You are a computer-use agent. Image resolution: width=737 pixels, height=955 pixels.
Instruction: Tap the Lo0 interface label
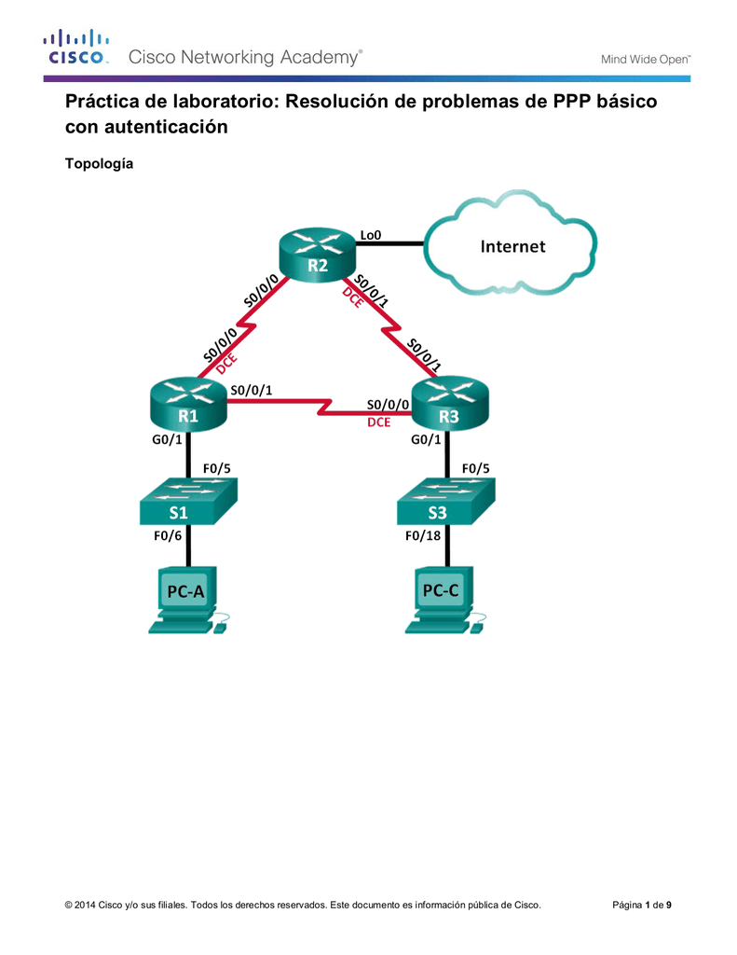pyautogui.click(x=371, y=235)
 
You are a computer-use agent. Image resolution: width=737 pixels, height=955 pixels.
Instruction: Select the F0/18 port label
pyautogui.click(x=421, y=536)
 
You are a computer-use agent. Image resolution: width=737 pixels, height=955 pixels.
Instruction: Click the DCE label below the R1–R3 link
pyautogui.click(x=379, y=422)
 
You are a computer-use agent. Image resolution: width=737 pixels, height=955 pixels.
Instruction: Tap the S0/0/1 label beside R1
pyautogui.click(x=252, y=391)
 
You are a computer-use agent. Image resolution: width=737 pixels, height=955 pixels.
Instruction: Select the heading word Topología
pyautogui.click(x=98, y=164)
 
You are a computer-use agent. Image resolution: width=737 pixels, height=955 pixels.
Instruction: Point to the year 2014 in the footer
pyautogui.click(x=84, y=905)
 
